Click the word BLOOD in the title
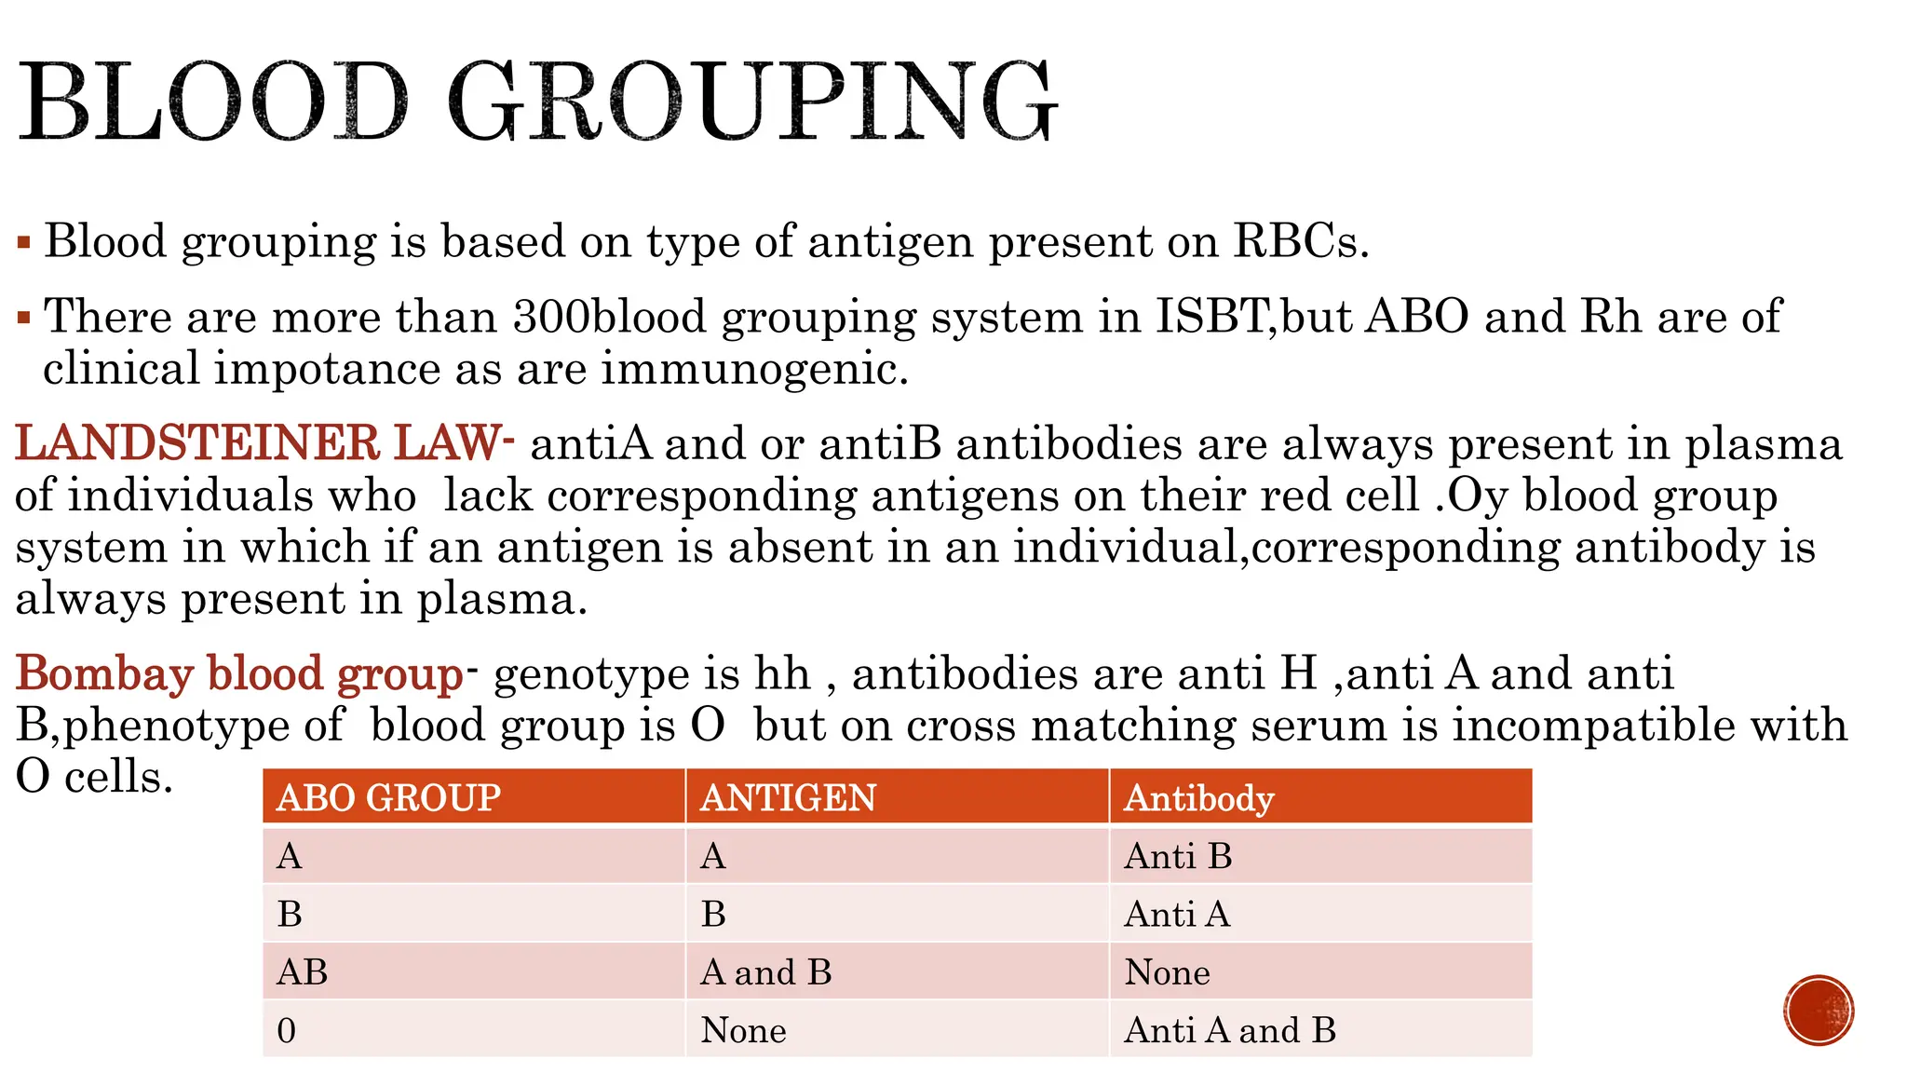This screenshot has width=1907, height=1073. tap(214, 102)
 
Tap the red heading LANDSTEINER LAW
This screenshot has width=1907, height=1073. tap(259, 443)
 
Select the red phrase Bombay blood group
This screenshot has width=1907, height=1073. tap(239, 673)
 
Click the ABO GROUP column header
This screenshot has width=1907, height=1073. tap(388, 798)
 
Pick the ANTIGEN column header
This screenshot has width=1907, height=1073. tap(788, 798)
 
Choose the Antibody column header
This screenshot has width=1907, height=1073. tap(1198, 798)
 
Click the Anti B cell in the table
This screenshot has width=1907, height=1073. tap(1178, 856)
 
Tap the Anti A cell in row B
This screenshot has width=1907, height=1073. tap(1177, 914)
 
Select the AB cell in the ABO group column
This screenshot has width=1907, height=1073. tap(303, 972)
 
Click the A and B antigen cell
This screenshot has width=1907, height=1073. tap(765, 972)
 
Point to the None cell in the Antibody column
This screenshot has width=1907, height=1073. tap(1167, 972)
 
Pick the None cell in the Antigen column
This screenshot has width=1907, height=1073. tap(743, 1030)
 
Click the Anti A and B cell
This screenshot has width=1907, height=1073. tap(1229, 1030)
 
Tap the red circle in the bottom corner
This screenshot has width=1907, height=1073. tap(1819, 1011)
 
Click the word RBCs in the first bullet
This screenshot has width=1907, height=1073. tap(1301, 241)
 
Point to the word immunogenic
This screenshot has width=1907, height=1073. tap(754, 369)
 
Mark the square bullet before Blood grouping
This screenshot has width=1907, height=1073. tap(24, 244)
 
